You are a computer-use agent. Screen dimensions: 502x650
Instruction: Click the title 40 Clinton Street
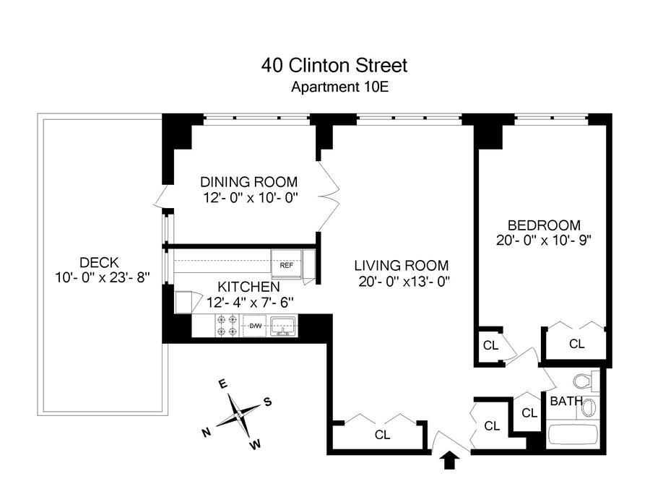pyautogui.click(x=334, y=66)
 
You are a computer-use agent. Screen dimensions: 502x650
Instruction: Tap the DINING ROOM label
pyautogui.click(x=248, y=182)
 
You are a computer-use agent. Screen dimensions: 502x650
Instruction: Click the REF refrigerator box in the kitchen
pyautogui.click(x=286, y=265)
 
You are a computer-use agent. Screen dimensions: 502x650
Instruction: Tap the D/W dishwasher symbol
pyautogui.click(x=255, y=326)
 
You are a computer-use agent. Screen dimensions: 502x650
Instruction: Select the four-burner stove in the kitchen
pyautogui.click(x=227, y=326)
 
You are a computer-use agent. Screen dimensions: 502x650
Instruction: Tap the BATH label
pyautogui.click(x=563, y=401)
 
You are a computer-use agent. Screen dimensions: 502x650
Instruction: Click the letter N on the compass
pyautogui.click(x=206, y=433)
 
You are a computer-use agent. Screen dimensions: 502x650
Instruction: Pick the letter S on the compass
pyautogui.click(x=266, y=402)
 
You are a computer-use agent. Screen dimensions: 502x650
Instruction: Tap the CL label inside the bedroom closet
pyautogui.click(x=576, y=344)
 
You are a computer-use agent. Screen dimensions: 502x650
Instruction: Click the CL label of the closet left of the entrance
pyautogui.click(x=382, y=435)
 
